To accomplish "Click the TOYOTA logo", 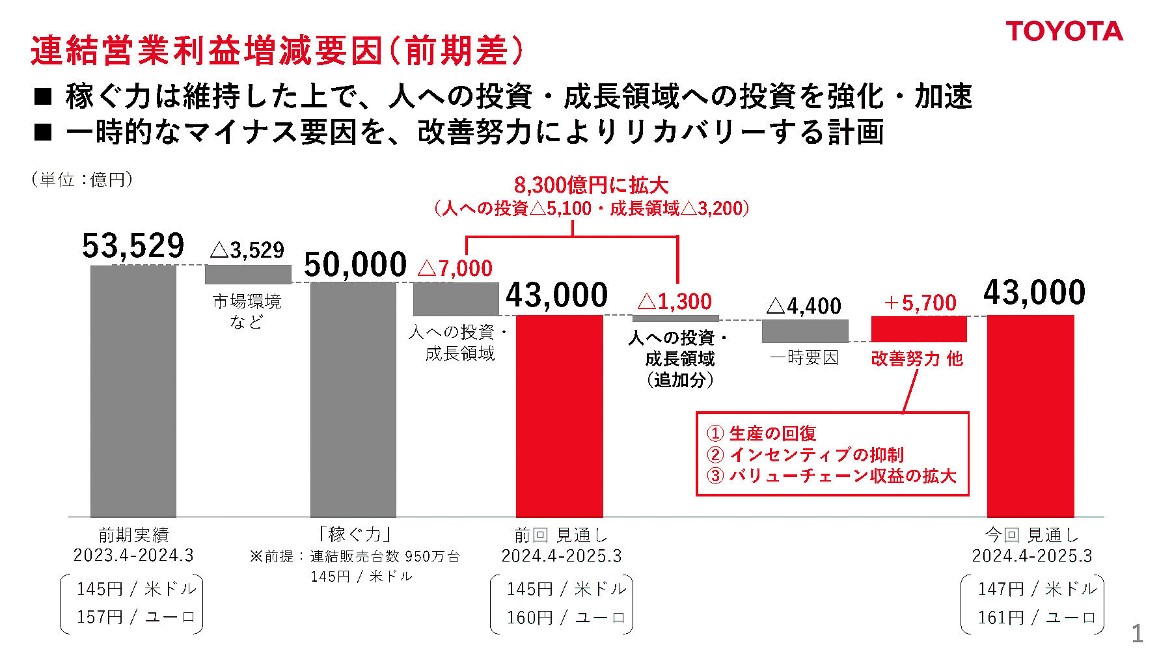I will (1064, 31).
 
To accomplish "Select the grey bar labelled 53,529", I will (133, 390).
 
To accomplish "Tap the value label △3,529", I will (247, 250).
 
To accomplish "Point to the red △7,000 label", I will (455, 268).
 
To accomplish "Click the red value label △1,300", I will (675, 301).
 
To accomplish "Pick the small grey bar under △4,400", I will (805, 331).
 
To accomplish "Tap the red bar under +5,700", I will (919, 329).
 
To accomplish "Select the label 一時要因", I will (804, 358).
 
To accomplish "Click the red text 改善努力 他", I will (916, 359).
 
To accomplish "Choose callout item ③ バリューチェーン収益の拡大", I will (831, 476).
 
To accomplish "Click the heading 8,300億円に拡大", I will (591, 185).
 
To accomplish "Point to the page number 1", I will (1137, 633).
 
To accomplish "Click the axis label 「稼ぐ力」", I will (354, 534).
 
